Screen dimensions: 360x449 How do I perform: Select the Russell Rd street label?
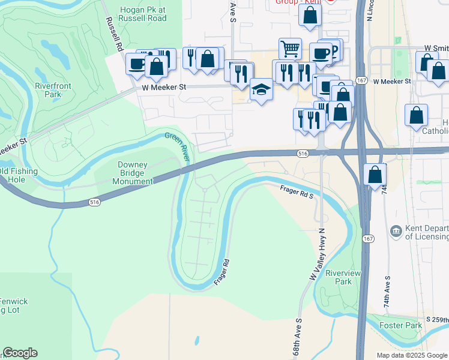114,34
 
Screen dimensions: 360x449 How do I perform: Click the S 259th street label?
436,319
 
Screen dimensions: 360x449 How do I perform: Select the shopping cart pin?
290,48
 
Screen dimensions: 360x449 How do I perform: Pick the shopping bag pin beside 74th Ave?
375,175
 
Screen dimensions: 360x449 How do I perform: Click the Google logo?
20,353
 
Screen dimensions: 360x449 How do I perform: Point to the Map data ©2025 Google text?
412,355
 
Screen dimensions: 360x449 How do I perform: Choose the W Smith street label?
436,47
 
